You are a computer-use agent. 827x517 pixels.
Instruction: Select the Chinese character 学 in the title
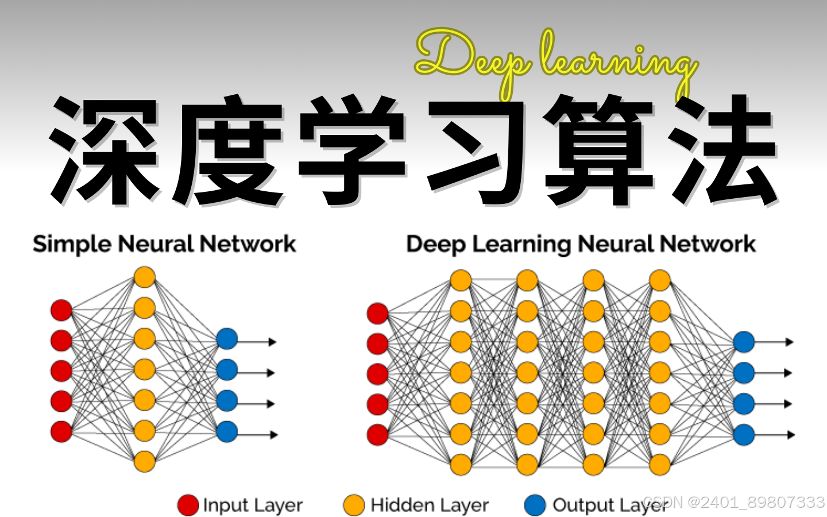[351, 151]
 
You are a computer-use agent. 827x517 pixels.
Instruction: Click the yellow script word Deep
[471, 57]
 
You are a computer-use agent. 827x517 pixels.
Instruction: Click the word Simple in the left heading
[72, 245]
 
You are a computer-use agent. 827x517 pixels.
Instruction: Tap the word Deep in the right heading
[435, 245]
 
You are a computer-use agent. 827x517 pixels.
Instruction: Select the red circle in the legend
[188, 506]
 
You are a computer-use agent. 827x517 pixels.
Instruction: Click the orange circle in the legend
[354, 506]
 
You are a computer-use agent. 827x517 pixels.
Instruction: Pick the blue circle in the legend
[535, 506]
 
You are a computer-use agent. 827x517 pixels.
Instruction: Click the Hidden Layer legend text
[430, 506]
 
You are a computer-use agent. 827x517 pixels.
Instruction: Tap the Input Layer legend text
[253, 506]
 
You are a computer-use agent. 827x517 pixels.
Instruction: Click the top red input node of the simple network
[61, 310]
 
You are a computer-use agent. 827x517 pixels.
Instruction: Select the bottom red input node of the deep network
[377, 435]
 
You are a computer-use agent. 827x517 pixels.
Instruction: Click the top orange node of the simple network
[145, 277]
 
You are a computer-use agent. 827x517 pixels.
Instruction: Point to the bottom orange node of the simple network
[145, 461]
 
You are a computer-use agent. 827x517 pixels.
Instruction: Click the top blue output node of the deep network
[744, 342]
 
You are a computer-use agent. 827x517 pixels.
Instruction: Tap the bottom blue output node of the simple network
[227, 431]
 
